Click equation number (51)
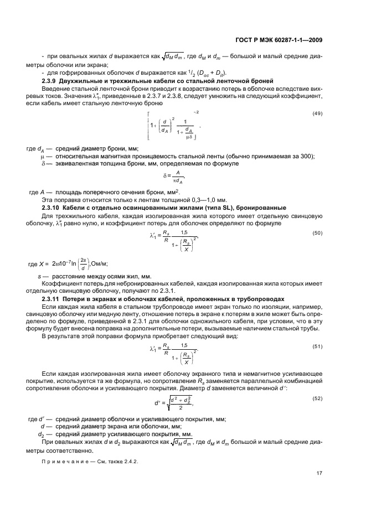click(318, 347)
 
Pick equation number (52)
click(318, 399)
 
